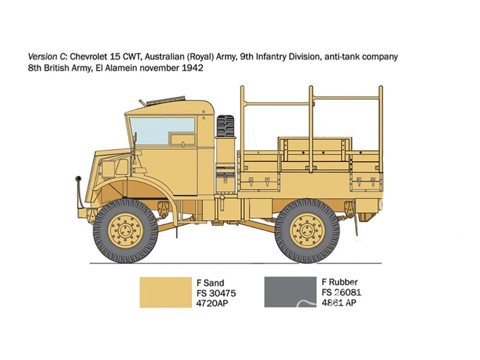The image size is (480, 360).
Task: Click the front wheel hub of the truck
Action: [125, 231]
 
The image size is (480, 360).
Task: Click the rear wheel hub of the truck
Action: [307, 230]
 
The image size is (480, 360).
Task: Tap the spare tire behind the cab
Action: [226, 126]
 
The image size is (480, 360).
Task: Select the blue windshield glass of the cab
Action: [162, 131]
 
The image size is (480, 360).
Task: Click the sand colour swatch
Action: [166, 292]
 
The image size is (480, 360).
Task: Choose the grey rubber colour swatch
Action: [290, 292]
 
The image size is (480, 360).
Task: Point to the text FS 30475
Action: [216, 293]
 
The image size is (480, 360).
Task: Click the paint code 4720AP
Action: [212, 303]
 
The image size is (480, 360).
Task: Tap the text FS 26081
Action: [341, 292]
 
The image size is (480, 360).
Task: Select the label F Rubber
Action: [339, 282]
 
